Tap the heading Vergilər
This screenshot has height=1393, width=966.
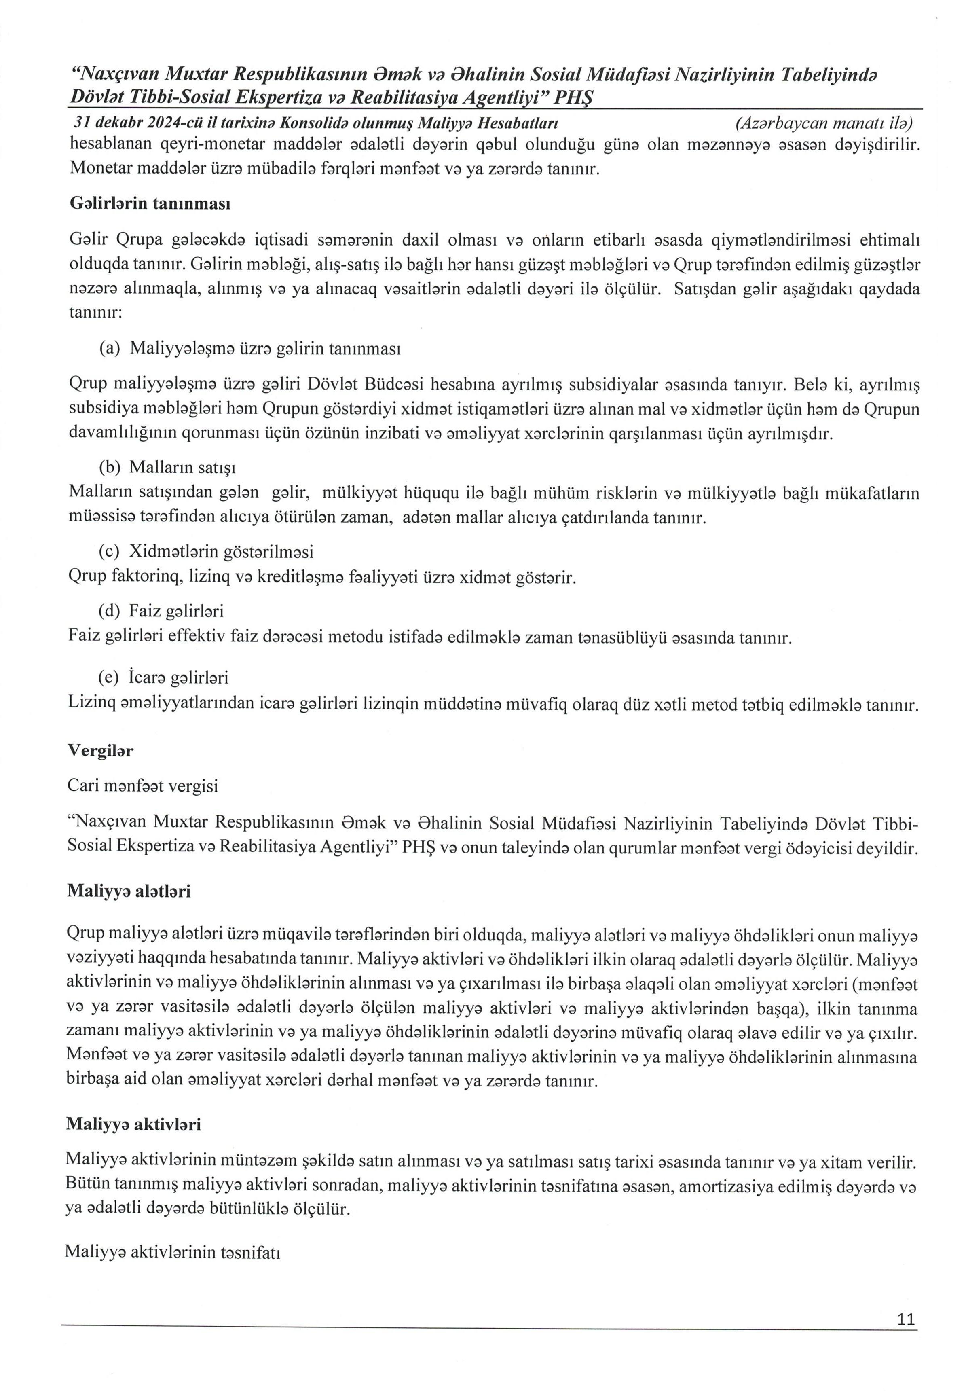pyautogui.click(x=100, y=751)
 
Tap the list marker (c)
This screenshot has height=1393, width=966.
pyautogui.click(x=109, y=552)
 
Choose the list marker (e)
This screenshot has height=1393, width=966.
pyautogui.click(x=109, y=677)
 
